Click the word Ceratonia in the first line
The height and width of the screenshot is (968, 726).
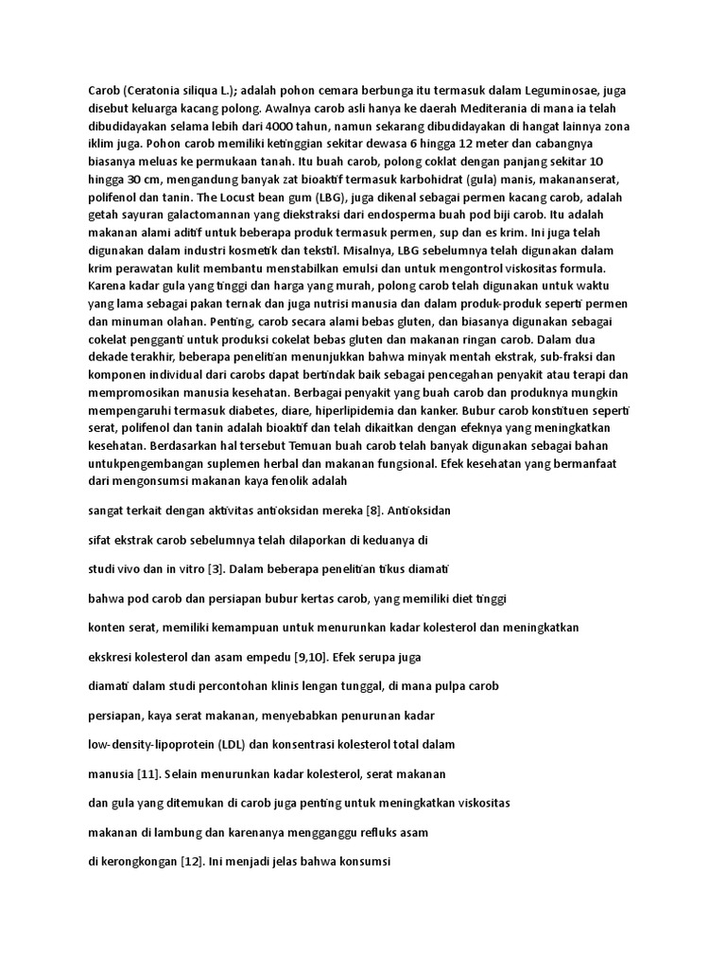pos(157,91)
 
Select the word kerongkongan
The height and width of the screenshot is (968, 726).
pos(135,864)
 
